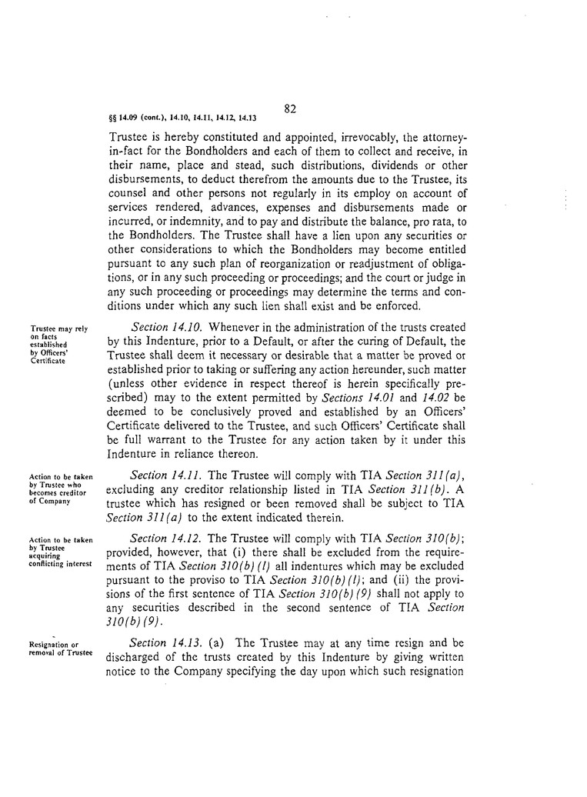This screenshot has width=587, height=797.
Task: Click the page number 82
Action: pyautogui.click(x=290, y=108)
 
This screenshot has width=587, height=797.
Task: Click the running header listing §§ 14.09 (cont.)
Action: pyautogui.click(x=184, y=118)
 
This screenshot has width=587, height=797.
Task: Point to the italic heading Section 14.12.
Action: pyautogui.click(x=166, y=538)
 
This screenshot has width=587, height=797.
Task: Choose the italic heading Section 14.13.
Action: pyautogui.click(x=165, y=642)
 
